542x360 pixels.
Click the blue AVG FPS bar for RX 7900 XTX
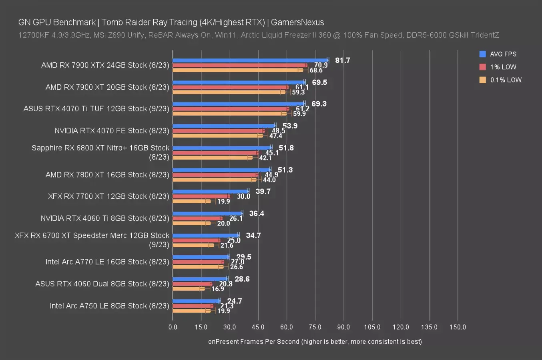coord(250,60)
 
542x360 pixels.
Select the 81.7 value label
coord(343,60)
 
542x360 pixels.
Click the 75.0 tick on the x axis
coord(315,327)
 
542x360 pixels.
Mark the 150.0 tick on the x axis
coord(458,327)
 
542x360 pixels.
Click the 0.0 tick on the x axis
coord(173,327)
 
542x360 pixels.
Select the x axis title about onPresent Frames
coord(315,342)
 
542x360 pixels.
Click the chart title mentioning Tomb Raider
coord(171,22)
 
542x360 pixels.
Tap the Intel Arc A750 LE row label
coord(109,306)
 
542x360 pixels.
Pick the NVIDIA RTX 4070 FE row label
coord(112,130)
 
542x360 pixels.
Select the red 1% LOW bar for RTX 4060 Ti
coord(197,218)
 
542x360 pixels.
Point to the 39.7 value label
coord(263,192)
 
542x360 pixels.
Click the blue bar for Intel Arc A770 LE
coord(201,257)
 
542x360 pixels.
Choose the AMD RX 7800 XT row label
coord(107,174)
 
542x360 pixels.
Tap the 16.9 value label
coord(218,289)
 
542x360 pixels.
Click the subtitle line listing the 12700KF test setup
coord(259,35)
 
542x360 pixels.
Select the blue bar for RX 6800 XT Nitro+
coord(222,148)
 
